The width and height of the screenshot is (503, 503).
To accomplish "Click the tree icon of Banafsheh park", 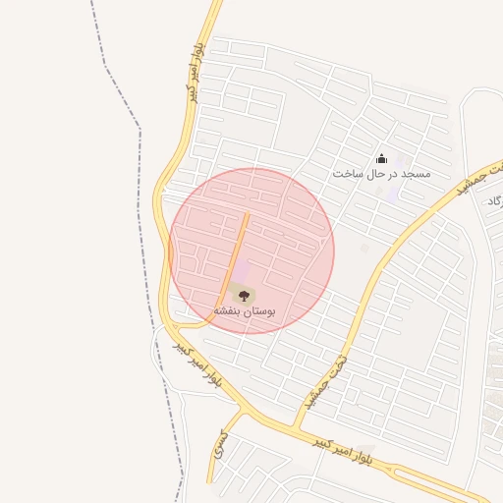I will [244, 294].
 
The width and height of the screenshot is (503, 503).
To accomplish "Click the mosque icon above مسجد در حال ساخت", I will [381, 158].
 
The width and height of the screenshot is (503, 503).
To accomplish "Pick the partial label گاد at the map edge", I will [494, 200].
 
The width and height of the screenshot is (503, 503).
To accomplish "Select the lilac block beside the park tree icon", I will [242, 271].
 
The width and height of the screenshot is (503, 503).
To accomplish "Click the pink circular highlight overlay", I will [295, 226].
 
